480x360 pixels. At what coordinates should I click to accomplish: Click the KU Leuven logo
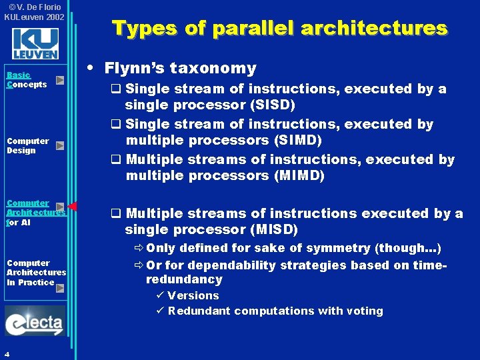(35, 43)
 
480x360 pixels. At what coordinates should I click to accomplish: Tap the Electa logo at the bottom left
(35, 322)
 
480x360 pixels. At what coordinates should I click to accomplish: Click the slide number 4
(6, 354)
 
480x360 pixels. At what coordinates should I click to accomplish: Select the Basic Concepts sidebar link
(26, 80)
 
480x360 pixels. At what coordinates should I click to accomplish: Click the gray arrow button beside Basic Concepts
(60, 80)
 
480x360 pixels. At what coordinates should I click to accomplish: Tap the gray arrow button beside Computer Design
(60, 145)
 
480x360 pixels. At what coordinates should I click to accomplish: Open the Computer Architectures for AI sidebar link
(35, 213)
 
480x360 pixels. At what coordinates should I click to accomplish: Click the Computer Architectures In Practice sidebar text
(36, 273)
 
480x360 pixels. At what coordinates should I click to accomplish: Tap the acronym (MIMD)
(299, 175)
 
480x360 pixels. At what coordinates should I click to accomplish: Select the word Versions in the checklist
(193, 295)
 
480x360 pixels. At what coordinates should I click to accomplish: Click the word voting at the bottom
(365, 311)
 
